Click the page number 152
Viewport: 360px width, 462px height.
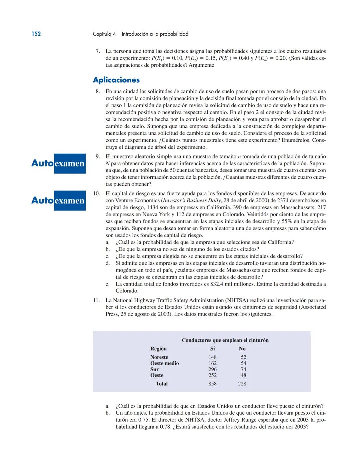(x=36, y=34)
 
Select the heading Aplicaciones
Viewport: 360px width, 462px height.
(x=116, y=80)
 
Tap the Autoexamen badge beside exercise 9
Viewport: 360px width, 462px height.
(x=58, y=163)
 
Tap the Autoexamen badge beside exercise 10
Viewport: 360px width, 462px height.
(x=58, y=200)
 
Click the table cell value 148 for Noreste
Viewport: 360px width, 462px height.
(x=212, y=357)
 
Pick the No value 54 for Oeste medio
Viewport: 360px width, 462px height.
(x=243, y=363)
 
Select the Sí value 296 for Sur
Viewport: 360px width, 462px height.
(x=212, y=369)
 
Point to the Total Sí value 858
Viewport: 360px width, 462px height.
(x=212, y=384)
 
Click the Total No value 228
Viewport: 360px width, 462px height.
(x=242, y=384)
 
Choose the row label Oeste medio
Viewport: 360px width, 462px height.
(x=164, y=363)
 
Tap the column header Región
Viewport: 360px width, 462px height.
(x=158, y=349)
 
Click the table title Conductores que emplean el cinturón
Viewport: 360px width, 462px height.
(x=225, y=340)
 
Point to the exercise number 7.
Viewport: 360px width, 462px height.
(x=98, y=51)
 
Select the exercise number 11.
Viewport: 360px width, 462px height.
(x=96, y=300)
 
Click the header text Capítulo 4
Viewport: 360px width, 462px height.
(x=104, y=34)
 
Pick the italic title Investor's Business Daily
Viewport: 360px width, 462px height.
(x=191, y=200)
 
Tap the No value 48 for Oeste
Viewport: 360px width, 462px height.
(x=243, y=375)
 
